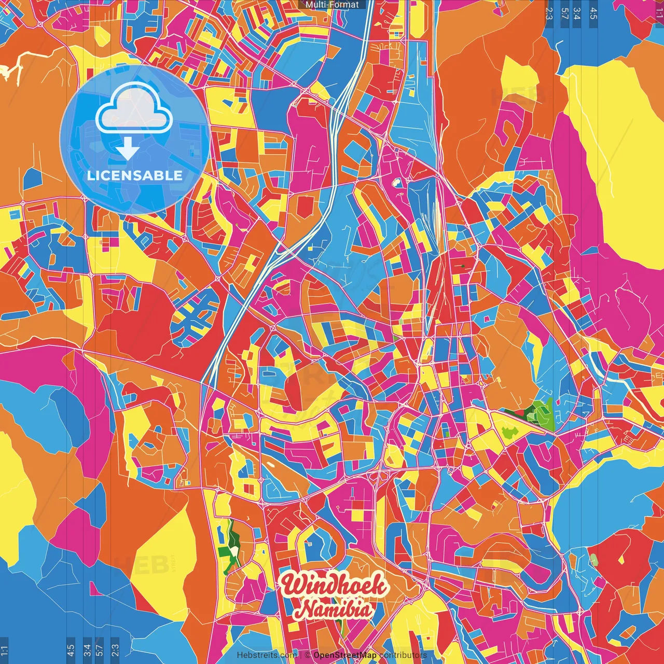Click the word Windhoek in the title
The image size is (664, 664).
click(x=334, y=586)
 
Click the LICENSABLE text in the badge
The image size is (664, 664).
click(x=135, y=175)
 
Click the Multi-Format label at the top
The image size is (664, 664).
click(x=332, y=5)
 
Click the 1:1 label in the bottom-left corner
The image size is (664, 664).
click(x=5, y=651)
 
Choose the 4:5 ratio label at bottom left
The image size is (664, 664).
click(x=71, y=651)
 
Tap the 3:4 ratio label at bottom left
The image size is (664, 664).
click(x=87, y=651)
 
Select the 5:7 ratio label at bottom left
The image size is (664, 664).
click(x=100, y=651)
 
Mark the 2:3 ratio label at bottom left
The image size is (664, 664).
click(x=115, y=651)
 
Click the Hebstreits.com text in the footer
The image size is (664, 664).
click(x=267, y=655)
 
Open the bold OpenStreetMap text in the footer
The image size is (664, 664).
click(x=345, y=655)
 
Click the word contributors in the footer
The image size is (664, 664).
click(x=403, y=655)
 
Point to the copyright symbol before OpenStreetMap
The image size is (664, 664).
click(x=308, y=655)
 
